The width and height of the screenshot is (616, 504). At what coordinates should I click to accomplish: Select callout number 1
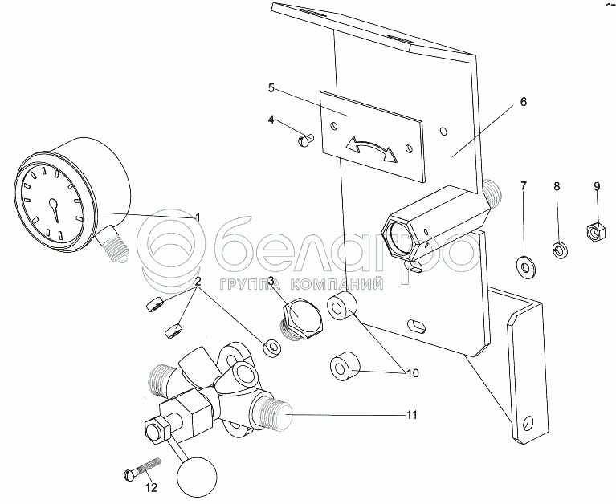click(198, 217)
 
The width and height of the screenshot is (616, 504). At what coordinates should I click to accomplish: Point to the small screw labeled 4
click(305, 140)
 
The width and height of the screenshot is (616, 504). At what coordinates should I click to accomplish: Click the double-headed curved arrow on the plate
click(372, 148)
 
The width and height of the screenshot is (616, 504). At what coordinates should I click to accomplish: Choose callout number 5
click(271, 88)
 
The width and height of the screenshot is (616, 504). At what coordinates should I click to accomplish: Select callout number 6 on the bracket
click(523, 102)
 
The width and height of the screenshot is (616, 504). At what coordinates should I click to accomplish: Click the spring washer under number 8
click(560, 250)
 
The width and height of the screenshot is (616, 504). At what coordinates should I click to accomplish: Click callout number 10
click(413, 373)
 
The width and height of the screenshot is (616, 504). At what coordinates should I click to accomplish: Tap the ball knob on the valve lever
click(198, 477)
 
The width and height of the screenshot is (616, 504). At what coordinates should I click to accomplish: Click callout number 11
click(411, 415)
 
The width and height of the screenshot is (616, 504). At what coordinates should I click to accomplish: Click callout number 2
click(198, 282)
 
